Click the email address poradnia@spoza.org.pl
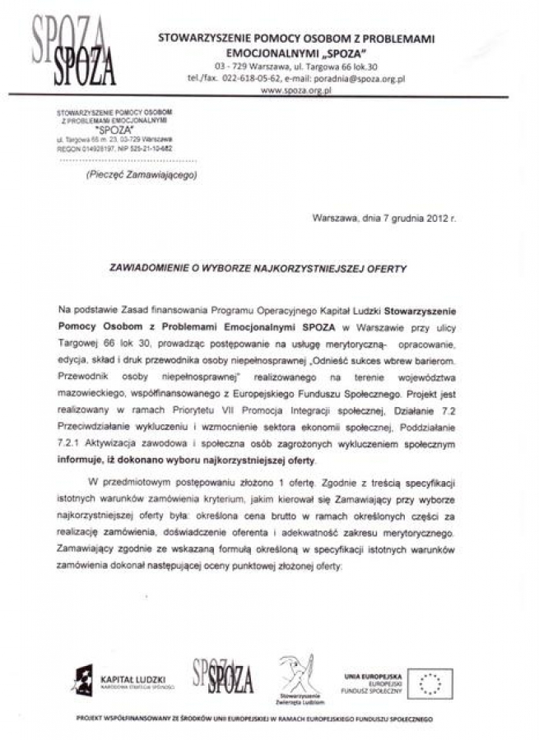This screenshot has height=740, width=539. tap(362, 78)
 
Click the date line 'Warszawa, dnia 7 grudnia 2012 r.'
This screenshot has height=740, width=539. tap(383, 219)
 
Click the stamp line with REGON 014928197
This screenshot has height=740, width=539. tap(115, 149)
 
